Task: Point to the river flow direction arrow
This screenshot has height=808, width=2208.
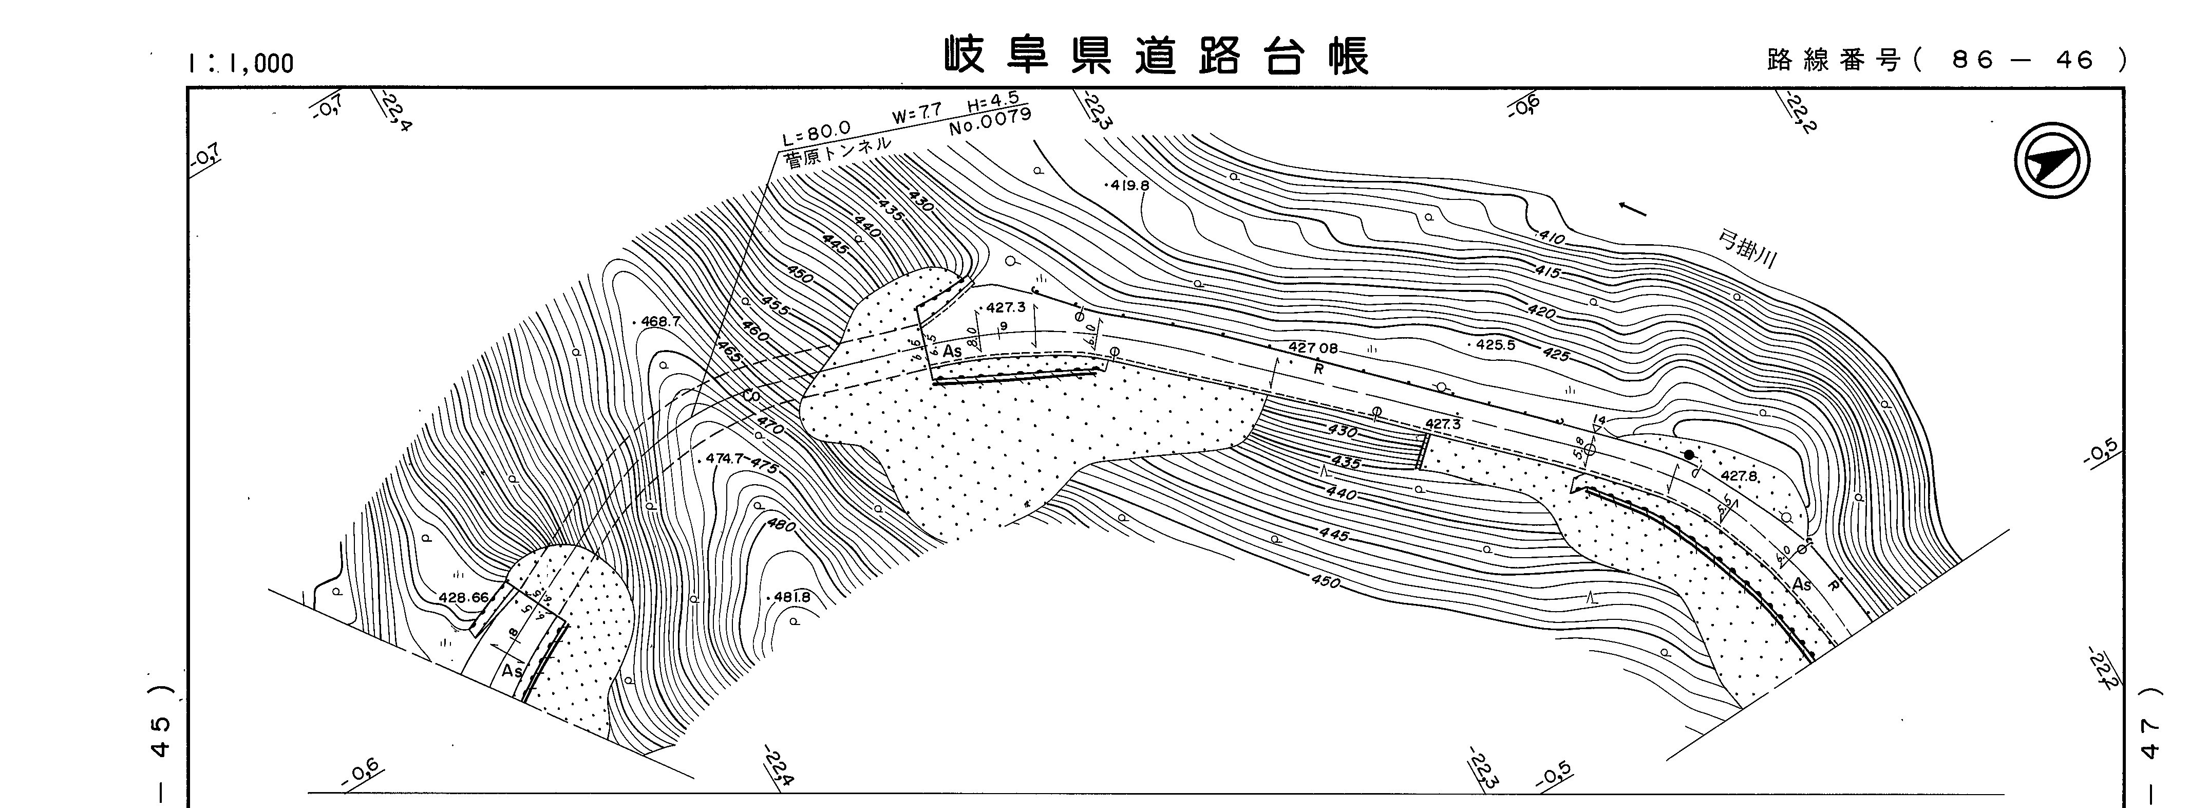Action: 1632,209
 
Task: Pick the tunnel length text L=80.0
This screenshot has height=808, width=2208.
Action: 816,133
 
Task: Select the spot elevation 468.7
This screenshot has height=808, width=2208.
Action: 659,322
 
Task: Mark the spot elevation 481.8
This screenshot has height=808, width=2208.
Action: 791,597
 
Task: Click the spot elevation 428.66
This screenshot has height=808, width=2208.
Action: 463,598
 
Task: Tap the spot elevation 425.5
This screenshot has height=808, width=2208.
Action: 1496,345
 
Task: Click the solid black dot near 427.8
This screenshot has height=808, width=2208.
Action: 1689,454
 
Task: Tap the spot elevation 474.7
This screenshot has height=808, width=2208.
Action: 724,459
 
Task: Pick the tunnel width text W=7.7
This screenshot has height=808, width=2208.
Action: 917,113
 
